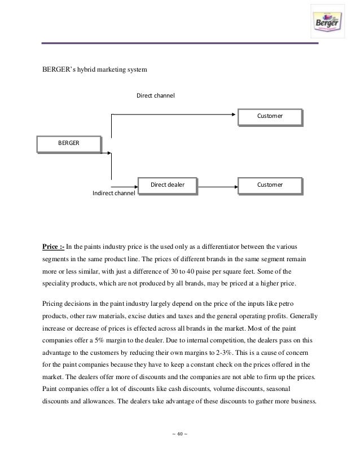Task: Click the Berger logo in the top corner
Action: [x=328, y=23]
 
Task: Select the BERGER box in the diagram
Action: [x=69, y=144]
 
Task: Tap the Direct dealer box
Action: [x=168, y=185]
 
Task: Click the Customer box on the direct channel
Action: [x=270, y=116]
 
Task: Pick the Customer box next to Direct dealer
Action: [x=270, y=185]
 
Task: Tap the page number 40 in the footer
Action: [x=180, y=434]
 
